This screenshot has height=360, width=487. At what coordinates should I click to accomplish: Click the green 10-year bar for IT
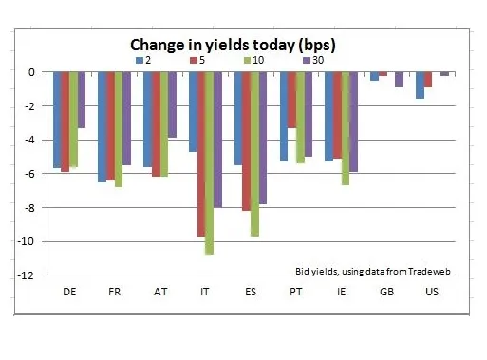click(x=209, y=163)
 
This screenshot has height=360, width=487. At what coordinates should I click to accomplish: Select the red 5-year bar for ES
click(x=247, y=142)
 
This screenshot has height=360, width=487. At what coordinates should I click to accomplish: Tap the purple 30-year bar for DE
click(x=82, y=100)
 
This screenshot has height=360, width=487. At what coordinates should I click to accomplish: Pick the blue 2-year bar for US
click(x=420, y=85)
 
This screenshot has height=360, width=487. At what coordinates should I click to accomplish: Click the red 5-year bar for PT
click(x=291, y=100)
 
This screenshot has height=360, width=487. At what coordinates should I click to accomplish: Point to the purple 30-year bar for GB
click(x=400, y=80)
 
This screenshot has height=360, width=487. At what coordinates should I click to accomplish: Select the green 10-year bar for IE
click(x=346, y=128)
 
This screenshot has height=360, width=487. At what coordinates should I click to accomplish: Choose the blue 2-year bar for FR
click(x=103, y=127)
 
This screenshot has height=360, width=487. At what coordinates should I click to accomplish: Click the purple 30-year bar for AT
click(x=172, y=104)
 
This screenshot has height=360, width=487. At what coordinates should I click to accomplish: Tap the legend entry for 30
click(x=313, y=60)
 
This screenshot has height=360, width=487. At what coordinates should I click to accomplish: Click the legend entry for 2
click(x=143, y=60)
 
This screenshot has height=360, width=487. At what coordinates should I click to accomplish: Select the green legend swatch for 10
click(x=248, y=60)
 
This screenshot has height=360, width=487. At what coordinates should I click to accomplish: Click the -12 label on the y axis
click(x=25, y=275)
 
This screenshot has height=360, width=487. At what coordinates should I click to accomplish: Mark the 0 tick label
click(x=31, y=72)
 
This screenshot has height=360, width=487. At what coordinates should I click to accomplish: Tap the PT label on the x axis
click(x=296, y=292)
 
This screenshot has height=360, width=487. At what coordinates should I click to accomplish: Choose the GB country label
click(x=386, y=292)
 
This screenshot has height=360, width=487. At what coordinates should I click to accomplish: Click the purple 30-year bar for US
click(x=444, y=74)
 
